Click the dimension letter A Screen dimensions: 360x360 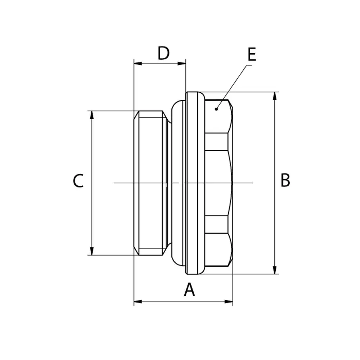coord(189,289)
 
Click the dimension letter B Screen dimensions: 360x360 coord(285,180)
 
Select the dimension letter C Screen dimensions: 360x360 coord(78,181)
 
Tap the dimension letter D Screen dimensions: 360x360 coord(163,53)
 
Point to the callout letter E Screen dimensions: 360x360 coord(252,55)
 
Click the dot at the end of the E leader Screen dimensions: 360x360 coord(216,109)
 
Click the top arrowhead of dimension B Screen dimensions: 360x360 coord(275,96)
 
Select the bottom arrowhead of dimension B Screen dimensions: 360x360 coord(275,270)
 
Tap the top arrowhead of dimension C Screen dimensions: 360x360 coord(92,115)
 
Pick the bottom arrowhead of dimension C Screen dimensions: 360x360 coord(92,251)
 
